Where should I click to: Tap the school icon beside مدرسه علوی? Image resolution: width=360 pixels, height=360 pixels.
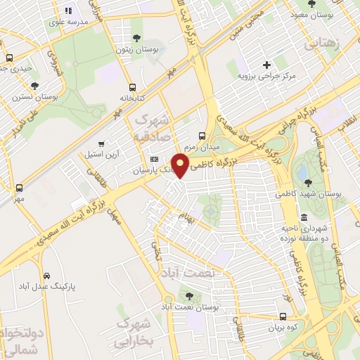(x=68, y=11)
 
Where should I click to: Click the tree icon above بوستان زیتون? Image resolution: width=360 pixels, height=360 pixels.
(x=136, y=38)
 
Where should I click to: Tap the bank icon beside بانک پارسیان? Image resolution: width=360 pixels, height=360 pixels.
(x=155, y=160)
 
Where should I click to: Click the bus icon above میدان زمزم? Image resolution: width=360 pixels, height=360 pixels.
(x=202, y=135)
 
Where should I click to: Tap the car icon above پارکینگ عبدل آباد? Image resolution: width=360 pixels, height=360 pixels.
(x=46, y=276)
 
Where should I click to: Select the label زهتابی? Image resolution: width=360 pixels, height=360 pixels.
(x=323, y=42)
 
